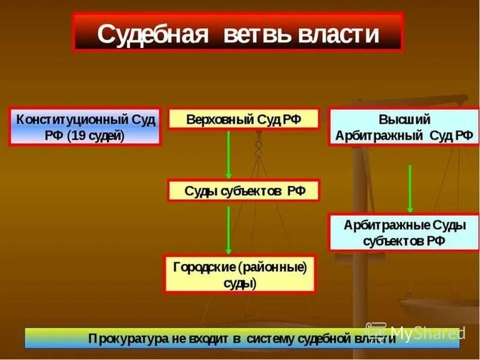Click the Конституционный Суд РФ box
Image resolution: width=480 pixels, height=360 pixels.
[85, 127]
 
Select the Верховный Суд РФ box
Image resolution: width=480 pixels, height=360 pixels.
[243, 119]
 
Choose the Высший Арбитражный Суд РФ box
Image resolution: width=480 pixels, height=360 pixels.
[404, 127]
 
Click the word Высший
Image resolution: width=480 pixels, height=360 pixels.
[404, 119]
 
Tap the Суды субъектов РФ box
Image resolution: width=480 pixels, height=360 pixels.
[244, 191]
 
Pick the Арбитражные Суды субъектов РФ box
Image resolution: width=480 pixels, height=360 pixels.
[404, 232]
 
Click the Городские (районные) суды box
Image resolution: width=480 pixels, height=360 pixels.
[240, 274]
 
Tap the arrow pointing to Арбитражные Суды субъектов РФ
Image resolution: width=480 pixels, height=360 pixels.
[410, 188]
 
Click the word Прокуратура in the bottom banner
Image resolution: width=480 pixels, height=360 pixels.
[124, 338]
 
